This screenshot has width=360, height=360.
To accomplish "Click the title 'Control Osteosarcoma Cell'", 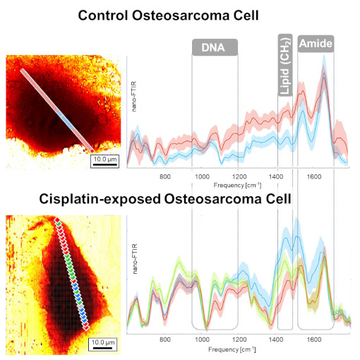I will click(x=179, y=16).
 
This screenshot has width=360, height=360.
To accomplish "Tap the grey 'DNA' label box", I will click(x=215, y=47).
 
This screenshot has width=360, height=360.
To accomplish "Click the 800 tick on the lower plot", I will click(x=165, y=340).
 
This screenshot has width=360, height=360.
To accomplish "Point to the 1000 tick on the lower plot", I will click(x=202, y=340).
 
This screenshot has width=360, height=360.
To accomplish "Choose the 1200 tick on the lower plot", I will click(x=239, y=340).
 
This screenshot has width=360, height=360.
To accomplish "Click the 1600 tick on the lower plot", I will click(x=314, y=340).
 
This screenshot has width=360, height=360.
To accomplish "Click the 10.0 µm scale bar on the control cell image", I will click(x=104, y=161).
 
